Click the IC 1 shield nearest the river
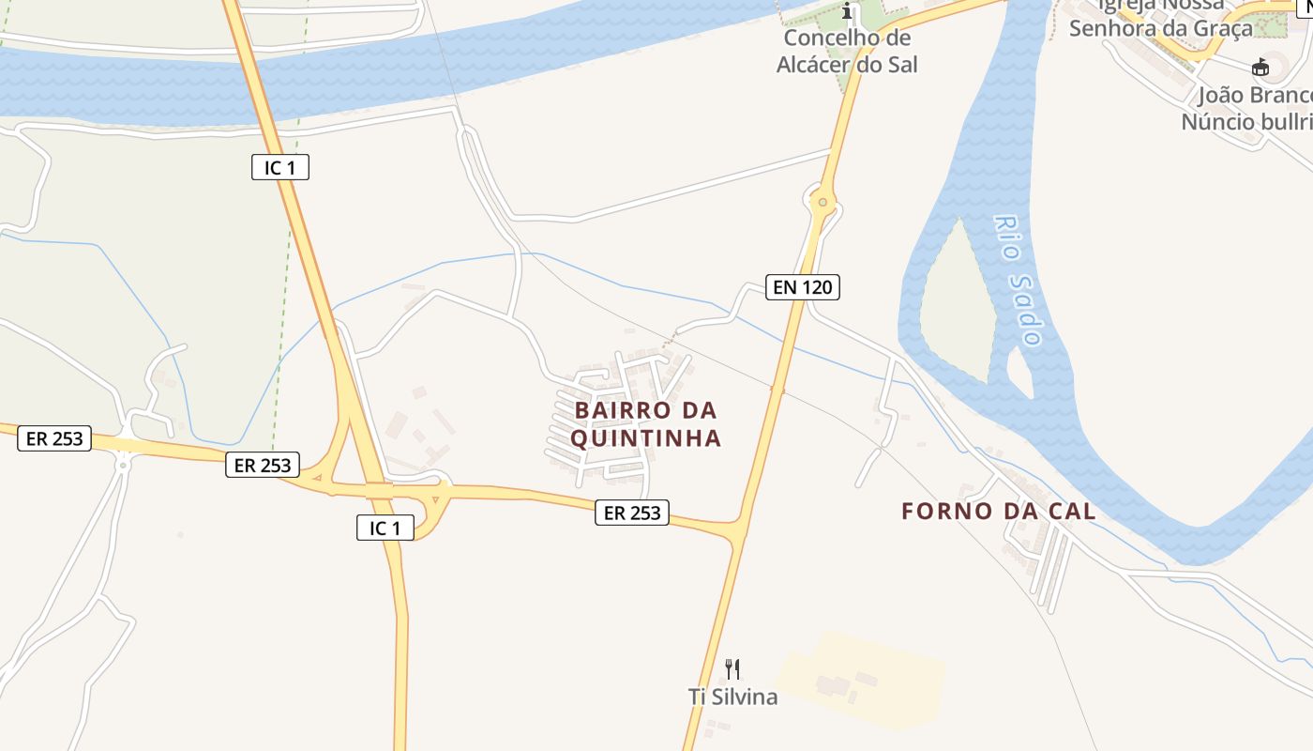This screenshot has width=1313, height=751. click(280, 168)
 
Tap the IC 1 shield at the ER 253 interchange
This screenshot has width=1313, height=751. click(385, 528)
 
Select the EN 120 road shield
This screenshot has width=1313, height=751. click(802, 287)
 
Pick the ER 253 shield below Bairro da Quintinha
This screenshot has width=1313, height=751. click(632, 513)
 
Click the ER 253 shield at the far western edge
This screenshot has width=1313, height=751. click(54, 438)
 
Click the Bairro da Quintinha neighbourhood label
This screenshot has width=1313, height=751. click(646, 424)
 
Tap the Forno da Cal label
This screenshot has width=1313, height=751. click(999, 512)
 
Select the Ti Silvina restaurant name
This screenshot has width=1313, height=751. click(732, 697)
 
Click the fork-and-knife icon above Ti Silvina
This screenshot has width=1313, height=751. click(732, 669)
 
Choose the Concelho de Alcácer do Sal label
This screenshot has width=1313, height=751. click(847, 52)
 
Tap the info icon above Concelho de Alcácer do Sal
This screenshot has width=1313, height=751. click(848, 12)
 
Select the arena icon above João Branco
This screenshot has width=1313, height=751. click(1260, 68)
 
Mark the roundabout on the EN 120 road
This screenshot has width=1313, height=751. click(823, 201)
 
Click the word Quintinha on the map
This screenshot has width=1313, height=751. click(646, 438)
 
